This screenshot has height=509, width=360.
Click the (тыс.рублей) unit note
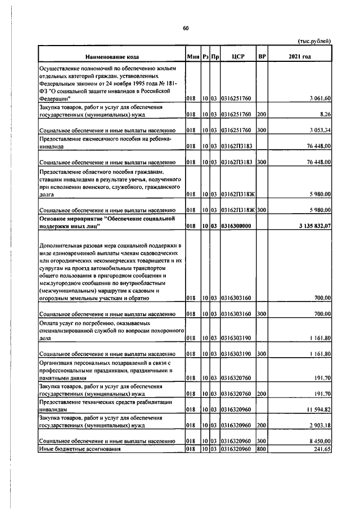coord(314,40)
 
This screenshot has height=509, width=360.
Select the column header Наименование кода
coord(111,57)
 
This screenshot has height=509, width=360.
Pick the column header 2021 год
coord(299,57)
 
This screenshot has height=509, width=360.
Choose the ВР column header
coord(262,57)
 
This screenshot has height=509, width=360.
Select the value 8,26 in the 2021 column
coord(325,114)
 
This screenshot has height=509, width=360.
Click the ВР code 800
coord(261,449)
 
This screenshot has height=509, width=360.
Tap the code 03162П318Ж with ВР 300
coord(237,209)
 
